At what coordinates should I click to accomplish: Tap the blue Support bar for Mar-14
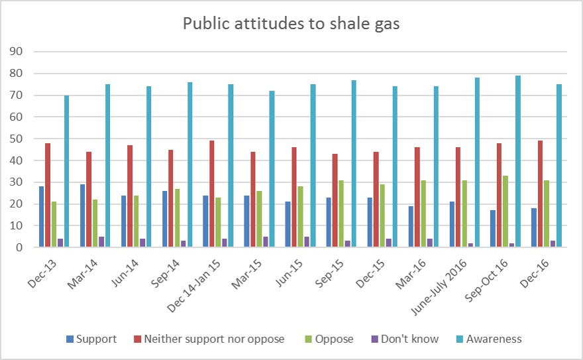83,215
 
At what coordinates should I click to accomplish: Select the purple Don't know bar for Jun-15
306,242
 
